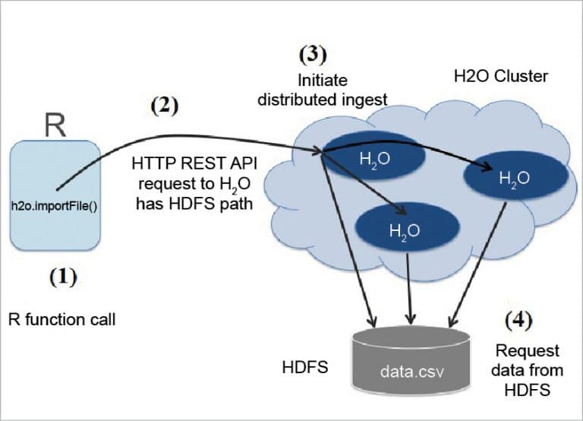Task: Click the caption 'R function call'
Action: pos(62,319)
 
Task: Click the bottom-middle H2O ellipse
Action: pos(408,227)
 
